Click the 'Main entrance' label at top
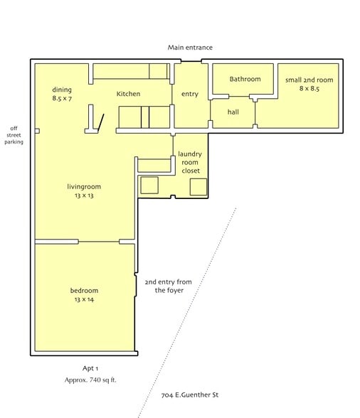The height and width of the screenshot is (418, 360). pyautogui.click(x=190, y=48)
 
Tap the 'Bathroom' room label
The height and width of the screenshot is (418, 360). pyautogui.click(x=245, y=79)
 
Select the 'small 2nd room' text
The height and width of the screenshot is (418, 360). pyautogui.click(x=309, y=80)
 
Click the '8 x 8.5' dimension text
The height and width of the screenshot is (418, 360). pyautogui.click(x=309, y=90)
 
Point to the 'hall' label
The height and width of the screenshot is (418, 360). pyautogui.click(x=233, y=112)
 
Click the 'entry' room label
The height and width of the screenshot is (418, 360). pyautogui.click(x=190, y=94)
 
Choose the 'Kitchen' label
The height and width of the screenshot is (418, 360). pyautogui.click(x=129, y=94)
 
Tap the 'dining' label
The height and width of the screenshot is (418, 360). pyautogui.click(x=62, y=90)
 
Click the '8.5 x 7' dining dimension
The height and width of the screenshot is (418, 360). pyautogui.click(x=62, y=99)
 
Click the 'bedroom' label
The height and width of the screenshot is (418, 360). pyautogui.click(x=84, y=290)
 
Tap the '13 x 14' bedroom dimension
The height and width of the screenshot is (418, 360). pyautogui.click(x=84, y=300)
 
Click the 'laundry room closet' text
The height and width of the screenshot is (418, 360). pyautogui.click(x=190, y=162)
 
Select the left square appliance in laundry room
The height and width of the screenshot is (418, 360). pyautogui.click(x=149, y=186)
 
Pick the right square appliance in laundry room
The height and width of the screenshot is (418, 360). pyautogui.click(x=198, y=187)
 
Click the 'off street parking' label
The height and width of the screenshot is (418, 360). pyautogui.click(x=15, y=134)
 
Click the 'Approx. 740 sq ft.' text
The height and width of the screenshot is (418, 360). pyautogui.click(x=90, y=380)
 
